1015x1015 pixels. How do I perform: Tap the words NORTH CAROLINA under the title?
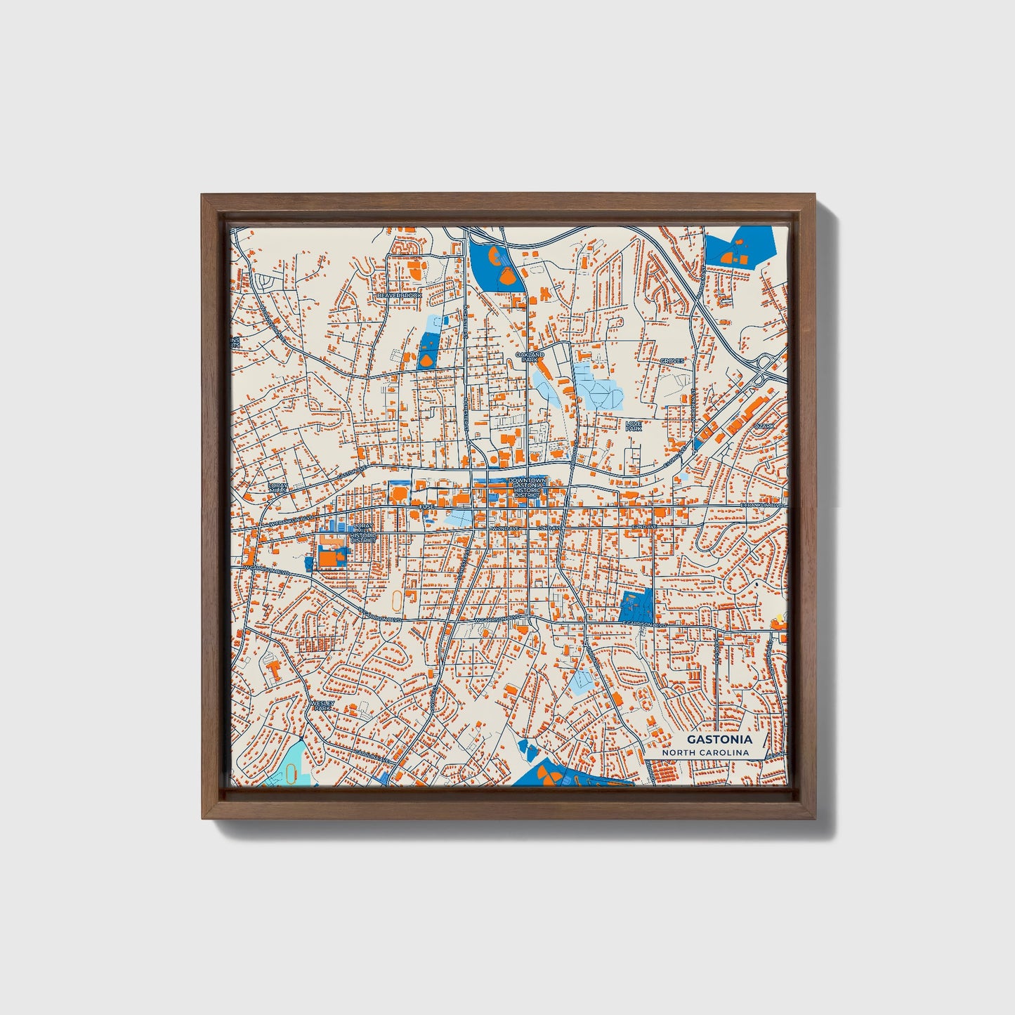(705, 753)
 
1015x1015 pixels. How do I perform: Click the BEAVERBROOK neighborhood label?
(400, 296)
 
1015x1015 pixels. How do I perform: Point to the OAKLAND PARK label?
(530, 357)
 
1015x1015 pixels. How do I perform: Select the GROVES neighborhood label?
(672, 361)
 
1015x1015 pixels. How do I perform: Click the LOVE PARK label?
(634, 425)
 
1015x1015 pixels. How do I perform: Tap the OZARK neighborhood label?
(764, 426)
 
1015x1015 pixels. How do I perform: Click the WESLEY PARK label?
(322, 705)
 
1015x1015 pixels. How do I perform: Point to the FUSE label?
(426, 506)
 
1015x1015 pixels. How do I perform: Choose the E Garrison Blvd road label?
(643, 624)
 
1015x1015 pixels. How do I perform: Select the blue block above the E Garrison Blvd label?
(636, 605)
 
